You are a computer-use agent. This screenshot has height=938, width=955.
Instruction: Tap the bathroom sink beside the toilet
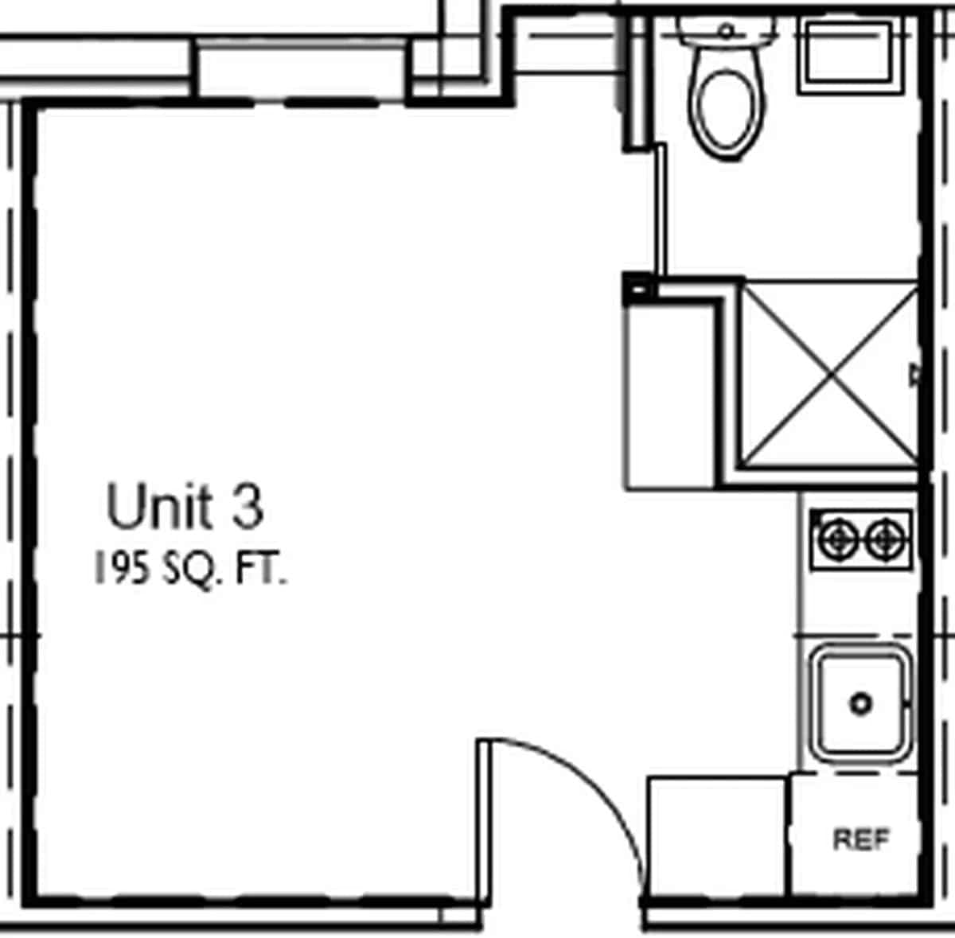tap(847, 52)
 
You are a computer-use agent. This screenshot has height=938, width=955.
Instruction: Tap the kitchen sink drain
tap(861, 703)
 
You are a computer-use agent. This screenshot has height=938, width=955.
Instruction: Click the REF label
tap(861, 839)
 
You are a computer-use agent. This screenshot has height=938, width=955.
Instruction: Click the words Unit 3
tap(184, 508)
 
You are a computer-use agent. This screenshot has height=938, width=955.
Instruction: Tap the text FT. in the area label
tap(260, 570)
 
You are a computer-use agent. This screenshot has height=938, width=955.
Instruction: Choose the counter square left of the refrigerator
tap(716, 835)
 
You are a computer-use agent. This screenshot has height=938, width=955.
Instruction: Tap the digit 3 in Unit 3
tap(248, 508)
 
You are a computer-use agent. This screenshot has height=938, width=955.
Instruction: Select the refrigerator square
tap(856, 835)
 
